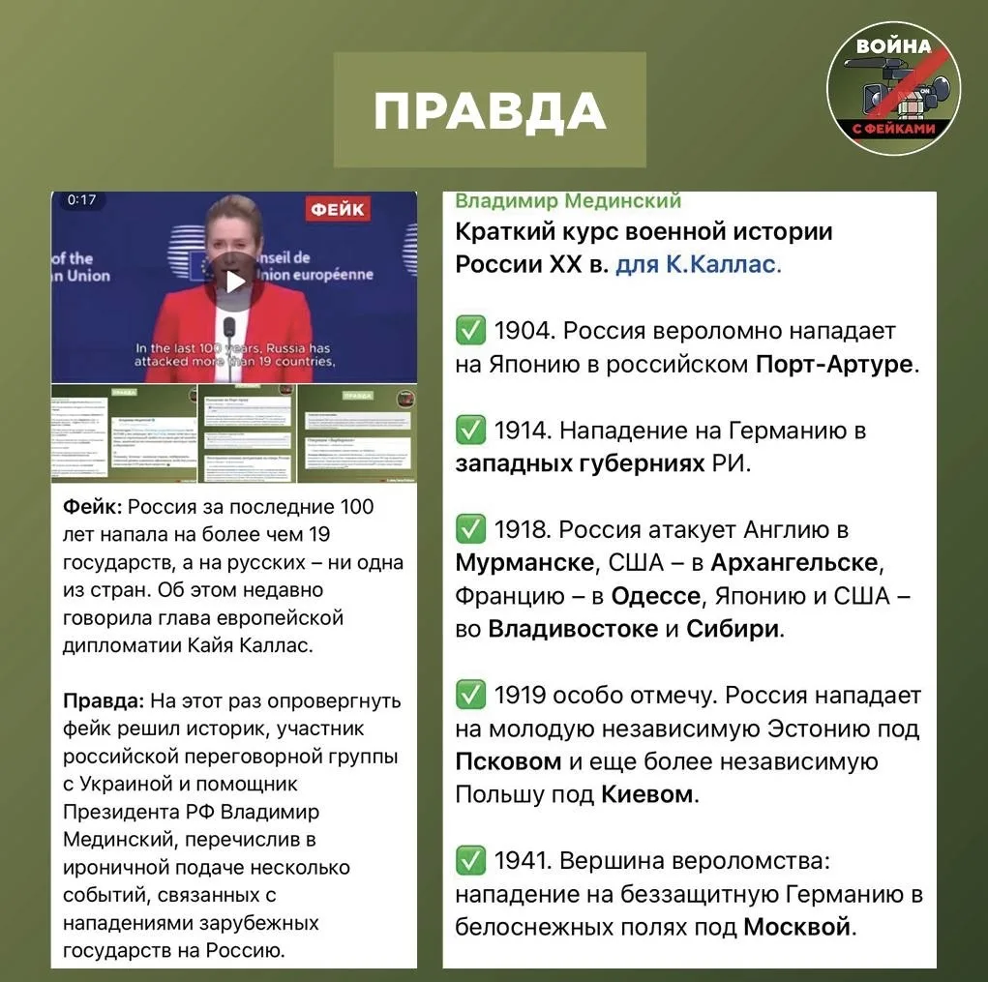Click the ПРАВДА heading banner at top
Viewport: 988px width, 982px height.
click(490, 110)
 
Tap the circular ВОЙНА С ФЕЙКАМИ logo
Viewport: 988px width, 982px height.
click(892, 89)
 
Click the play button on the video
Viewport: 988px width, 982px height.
click(234, 283)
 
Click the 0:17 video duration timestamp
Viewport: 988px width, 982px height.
click(82, 200)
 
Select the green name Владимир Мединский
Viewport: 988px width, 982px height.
click(568, 201)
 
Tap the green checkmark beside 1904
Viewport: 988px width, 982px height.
click(470, 331)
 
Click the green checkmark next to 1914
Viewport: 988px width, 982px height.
click(470, 430)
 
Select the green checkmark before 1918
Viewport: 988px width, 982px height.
click(470, 529)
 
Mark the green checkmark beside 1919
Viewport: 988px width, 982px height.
click(470, 695)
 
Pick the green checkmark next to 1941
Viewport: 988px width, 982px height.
click(470, 860)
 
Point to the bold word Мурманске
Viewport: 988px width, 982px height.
click(524, 563)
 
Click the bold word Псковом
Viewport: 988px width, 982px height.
click(508, 761)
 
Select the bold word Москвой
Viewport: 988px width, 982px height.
click(797, 927)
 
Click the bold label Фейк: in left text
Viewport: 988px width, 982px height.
click(92, 507)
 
